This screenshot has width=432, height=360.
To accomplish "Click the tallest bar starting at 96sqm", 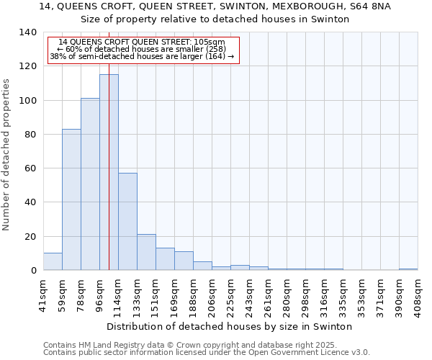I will coord(109,173).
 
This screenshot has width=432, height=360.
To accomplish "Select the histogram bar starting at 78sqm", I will coord(90,184).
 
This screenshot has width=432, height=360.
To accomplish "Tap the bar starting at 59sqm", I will coord(71,199).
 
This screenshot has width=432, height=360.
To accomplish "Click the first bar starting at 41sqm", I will coord(53,262).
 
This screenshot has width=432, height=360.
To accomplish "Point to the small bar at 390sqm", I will coord(408,269).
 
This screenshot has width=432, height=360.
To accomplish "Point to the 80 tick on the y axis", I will coord(30,135).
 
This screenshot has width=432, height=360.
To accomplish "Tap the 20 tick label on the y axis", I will coord(30,237).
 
